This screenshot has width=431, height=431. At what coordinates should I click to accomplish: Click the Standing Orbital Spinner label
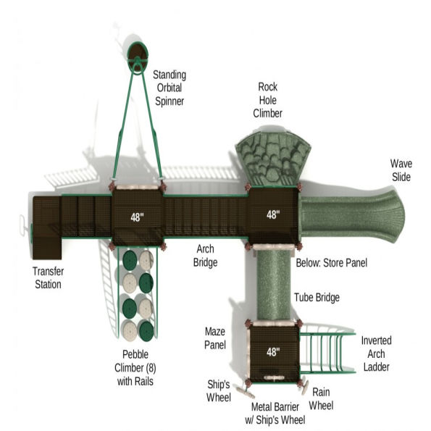click(169, 88)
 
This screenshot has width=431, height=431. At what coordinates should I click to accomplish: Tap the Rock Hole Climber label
click(267, 99)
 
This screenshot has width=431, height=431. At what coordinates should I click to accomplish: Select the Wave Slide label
click(401, 170)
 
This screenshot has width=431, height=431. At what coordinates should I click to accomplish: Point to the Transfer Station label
click(46, 277)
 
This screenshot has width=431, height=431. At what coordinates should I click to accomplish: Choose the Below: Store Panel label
click(331, 262)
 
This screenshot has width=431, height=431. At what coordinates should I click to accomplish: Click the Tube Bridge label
click(317, 298)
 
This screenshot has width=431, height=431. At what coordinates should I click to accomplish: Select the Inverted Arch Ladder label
click(376, 353)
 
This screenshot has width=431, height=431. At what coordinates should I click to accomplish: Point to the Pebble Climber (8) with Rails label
click(138, 368)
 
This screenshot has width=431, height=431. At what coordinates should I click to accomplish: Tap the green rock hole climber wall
click(272, 156)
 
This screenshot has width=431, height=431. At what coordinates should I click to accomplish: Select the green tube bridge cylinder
click(274, 283)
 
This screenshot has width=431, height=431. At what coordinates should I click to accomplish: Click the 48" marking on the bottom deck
click(272, 353)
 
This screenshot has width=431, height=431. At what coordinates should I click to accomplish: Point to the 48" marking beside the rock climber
click(272, 214)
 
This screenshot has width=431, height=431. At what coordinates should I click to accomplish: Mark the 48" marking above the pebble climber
click(136, 217)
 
